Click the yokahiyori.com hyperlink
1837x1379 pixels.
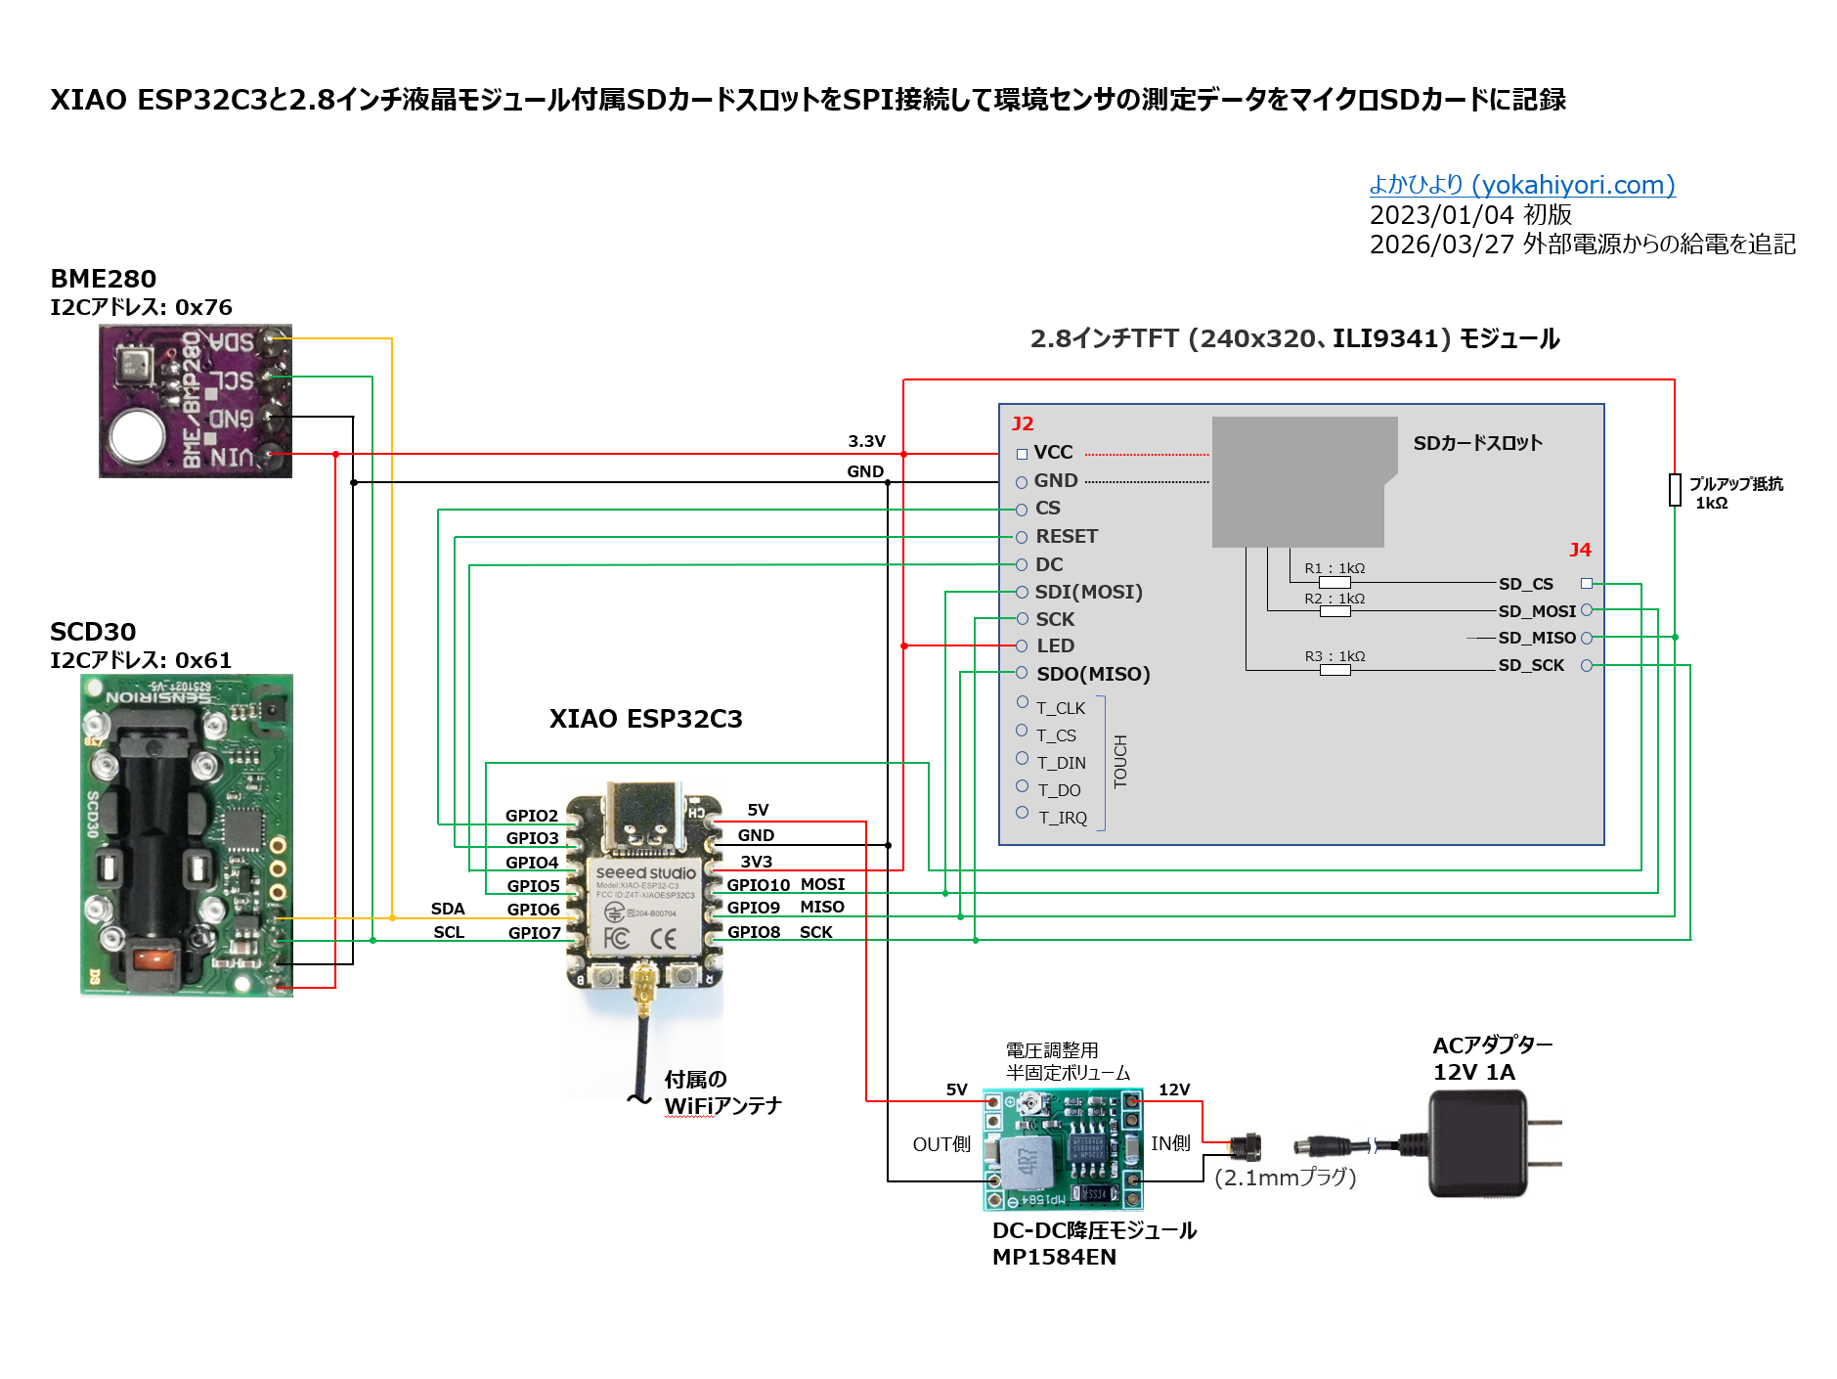(x=1521, y=185)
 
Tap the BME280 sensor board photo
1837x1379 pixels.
(x=195, y=401)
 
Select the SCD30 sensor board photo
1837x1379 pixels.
(x=186, y=835)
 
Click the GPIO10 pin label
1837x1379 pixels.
(x=758, y=885)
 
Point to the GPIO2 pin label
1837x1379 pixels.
(x=531, y=816)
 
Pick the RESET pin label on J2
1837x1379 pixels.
(x=1067, y=536)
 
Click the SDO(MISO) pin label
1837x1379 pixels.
(x=1093, y=674)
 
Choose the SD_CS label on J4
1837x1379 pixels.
(x=1525, y=584)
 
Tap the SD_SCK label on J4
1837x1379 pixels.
(x=1530, y=665)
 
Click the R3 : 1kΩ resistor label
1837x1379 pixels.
(x=1334, y=656)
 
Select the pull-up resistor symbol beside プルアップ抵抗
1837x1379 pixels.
(x=1675, y=489)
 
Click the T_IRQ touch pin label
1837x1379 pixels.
(x=1063, y=818)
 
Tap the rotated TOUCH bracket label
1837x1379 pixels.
(x=1120, y=761)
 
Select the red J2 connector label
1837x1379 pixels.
(x=1023, y=423)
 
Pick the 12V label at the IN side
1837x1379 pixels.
(x=1173, y=1090)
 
